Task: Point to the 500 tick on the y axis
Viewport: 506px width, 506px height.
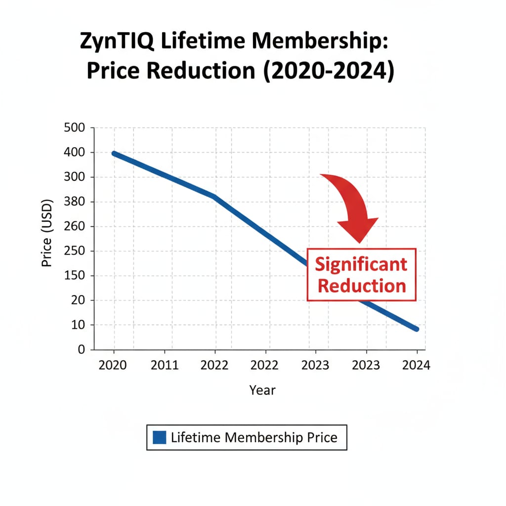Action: tap(75, 128)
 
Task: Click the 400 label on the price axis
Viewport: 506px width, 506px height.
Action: tap(75, 153)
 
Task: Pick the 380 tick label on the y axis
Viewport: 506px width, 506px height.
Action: tap(75, 202)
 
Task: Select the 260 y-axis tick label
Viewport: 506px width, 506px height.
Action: tap(75, 227)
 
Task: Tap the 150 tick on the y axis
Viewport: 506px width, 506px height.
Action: tap(75, 276)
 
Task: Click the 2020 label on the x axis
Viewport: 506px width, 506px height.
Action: tap(113, 366)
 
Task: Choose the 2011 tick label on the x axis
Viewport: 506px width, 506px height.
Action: tap(164, 366)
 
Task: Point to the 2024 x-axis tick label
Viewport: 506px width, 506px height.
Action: tap(417, 366)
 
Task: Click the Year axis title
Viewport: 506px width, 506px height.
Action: tap(262, 390)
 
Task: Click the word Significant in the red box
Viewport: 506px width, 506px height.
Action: tap(361, 265)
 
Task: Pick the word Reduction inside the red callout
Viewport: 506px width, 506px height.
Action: tap(361, 286)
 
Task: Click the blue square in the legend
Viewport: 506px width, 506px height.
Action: tap(160, 437)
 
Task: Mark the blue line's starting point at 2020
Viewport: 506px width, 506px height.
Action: tap(114, 154)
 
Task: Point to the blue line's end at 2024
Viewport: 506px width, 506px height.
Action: tap(417, 329)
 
